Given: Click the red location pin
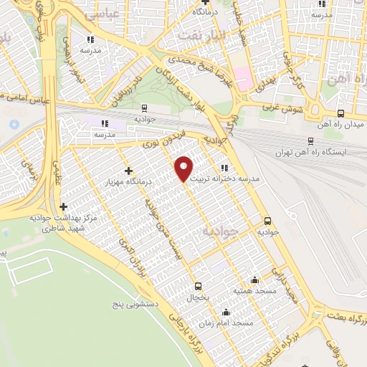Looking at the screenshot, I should [184, 168].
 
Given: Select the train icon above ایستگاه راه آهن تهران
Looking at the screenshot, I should [310, 141].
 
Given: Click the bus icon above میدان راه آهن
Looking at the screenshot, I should [340, 113].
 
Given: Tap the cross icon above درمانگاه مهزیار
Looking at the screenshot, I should [128, 171].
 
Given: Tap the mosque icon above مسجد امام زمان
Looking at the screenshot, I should [227, 312].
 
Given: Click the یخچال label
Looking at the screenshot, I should [198, 297].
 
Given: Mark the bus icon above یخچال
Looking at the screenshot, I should [198, 286].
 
